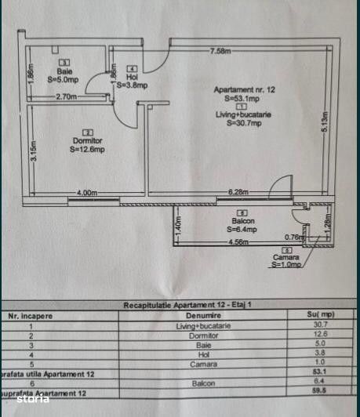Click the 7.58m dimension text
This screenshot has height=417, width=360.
coord(220,51)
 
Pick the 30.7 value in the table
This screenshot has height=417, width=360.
coord(319,325)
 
